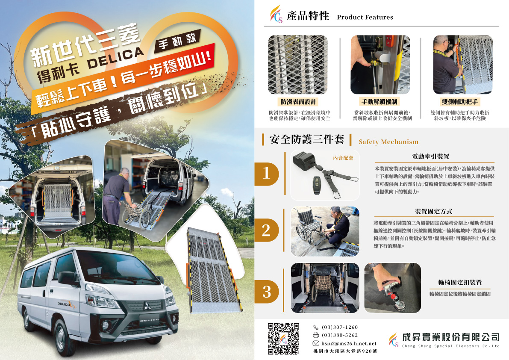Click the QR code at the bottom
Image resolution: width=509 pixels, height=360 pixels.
[283, 339]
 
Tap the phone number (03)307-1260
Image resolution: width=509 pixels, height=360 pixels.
[340, 327]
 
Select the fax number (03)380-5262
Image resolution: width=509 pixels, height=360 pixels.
[340, 335]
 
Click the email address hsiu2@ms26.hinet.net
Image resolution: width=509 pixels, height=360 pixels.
[349, 343]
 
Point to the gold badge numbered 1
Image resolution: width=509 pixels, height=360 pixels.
[267, 174]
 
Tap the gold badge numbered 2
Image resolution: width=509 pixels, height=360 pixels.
[267, 230]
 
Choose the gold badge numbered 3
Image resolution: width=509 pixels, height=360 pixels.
[267, 292]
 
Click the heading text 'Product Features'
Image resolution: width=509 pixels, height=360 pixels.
[365, 17]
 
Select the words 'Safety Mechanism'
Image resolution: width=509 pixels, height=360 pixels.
[388, 142]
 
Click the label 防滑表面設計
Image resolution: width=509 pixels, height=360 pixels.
[298, 102]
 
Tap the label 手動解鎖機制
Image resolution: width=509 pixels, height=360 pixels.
[380, 102]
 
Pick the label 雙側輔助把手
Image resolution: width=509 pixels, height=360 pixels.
[460, 102]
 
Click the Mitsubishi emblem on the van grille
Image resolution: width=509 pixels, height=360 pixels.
[147, 306]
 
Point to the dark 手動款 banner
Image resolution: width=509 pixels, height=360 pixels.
[177, 41]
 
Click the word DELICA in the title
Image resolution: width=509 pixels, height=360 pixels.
[115, 58]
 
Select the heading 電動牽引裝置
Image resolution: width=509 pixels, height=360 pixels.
[430, 156]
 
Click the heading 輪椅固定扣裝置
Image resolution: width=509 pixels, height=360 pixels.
[460, 283]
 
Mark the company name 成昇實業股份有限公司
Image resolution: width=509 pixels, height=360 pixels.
[450, 337]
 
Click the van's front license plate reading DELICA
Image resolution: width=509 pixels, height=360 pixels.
[149, 320]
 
